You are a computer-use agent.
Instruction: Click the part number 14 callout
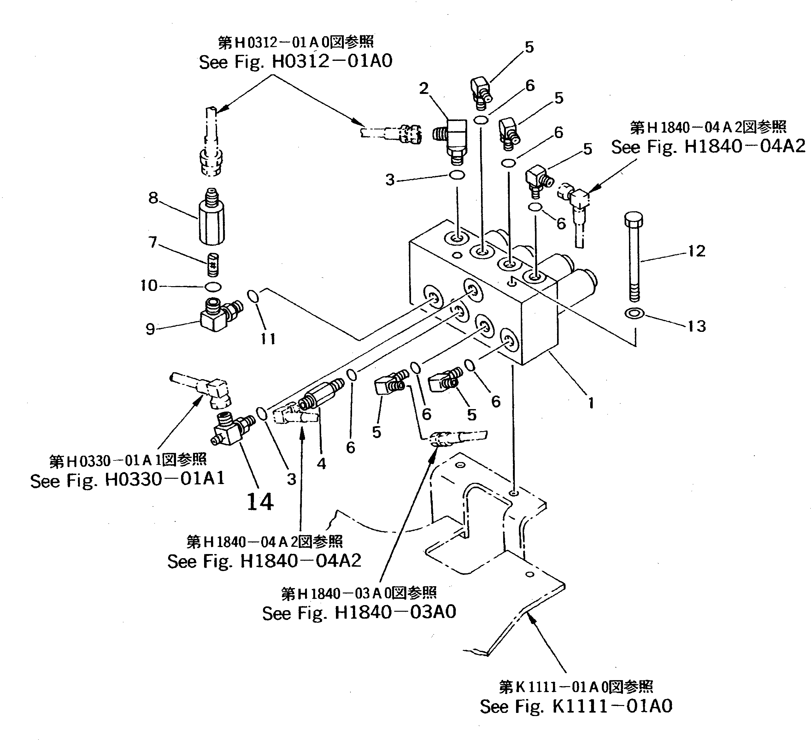260,502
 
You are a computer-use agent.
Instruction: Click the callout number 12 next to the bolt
696,251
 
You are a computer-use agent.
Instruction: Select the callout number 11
268,339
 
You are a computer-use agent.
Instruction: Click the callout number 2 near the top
424,89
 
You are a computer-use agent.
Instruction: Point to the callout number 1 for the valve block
591,402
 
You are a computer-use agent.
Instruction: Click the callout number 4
321,464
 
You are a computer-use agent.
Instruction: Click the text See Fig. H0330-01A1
127,480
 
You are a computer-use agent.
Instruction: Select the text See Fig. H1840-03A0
359,613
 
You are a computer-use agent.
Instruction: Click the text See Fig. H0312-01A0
295,61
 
